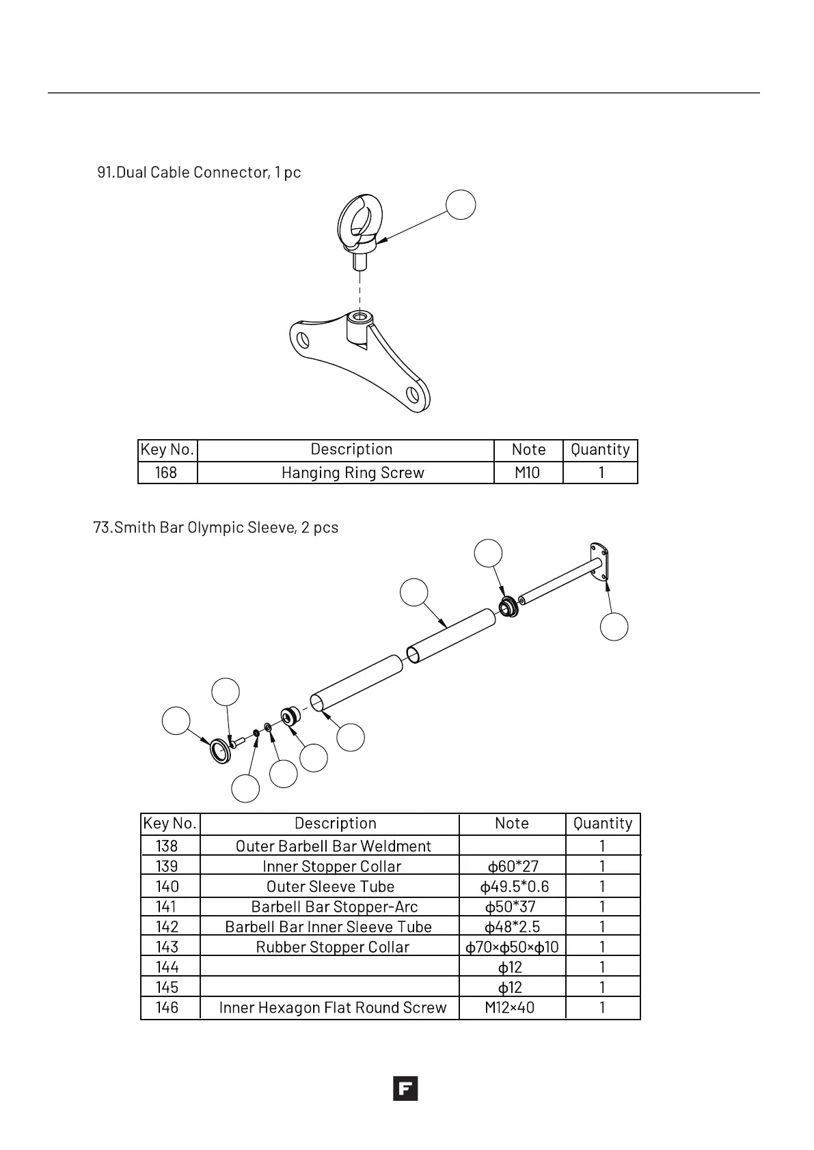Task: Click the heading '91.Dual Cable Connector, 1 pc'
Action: tap(199, 172)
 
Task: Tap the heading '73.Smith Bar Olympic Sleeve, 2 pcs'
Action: tap(216, 528)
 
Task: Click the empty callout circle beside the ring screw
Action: tap(461, 205)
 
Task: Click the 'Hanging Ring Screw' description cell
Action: tap(353, 473)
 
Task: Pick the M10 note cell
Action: tap(527, 473)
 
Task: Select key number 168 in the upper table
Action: tap(166, 473)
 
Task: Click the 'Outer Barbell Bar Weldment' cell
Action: tap(334, 846)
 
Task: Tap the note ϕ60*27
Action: tap(513, 867)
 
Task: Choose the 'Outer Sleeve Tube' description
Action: tap(331, 886)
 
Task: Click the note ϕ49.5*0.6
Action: tap(515, 886)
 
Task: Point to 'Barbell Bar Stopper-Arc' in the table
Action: tap(334, 907)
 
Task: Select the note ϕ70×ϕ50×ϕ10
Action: tap(512, 947)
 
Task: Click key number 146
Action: tap(167, 1008)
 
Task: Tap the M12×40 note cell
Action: tap(510, 1008)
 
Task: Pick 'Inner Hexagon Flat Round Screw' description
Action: tap(333, 1008)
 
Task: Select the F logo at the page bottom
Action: tap(405, 1089)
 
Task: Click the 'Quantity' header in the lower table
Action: tap(603, 824)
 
